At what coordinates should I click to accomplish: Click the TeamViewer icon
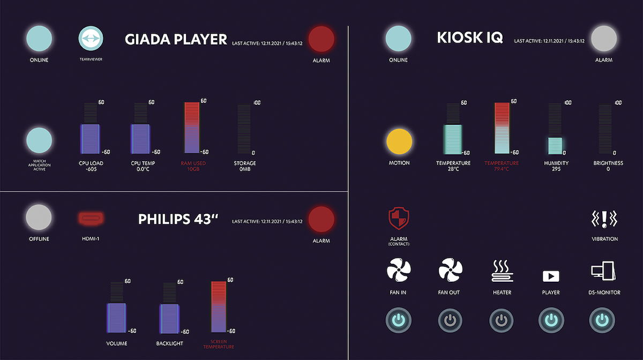[x=91, y=39]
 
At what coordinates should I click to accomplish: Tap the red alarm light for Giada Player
[x=322, y=39]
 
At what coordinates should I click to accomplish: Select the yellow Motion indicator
[x=399, y=141]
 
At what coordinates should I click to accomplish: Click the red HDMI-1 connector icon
[x=91, y=218]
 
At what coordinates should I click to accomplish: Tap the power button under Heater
[x=502, y=320]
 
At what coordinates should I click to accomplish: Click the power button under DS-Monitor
[x=602, y=320]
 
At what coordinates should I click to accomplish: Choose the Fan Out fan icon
[x=450, y=269]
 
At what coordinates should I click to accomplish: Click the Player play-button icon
[x=551, y=276]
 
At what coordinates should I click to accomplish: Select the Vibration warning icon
[x=604, y=219]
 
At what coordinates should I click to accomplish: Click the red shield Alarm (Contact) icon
[x=399, y=219]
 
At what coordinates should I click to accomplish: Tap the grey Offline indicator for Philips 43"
[x=39, y=217]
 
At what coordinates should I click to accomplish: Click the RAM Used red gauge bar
[x=192, y=127]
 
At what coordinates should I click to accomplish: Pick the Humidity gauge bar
[x=556, y=145]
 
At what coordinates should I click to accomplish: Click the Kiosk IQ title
[x=469, y=38]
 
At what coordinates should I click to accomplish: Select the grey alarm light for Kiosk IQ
[x=604, y=39]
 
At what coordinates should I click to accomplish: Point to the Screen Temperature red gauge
[x=219, y=307]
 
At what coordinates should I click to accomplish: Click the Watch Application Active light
[x=39, y=141]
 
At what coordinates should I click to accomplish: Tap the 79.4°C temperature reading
[x=502, y=169]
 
